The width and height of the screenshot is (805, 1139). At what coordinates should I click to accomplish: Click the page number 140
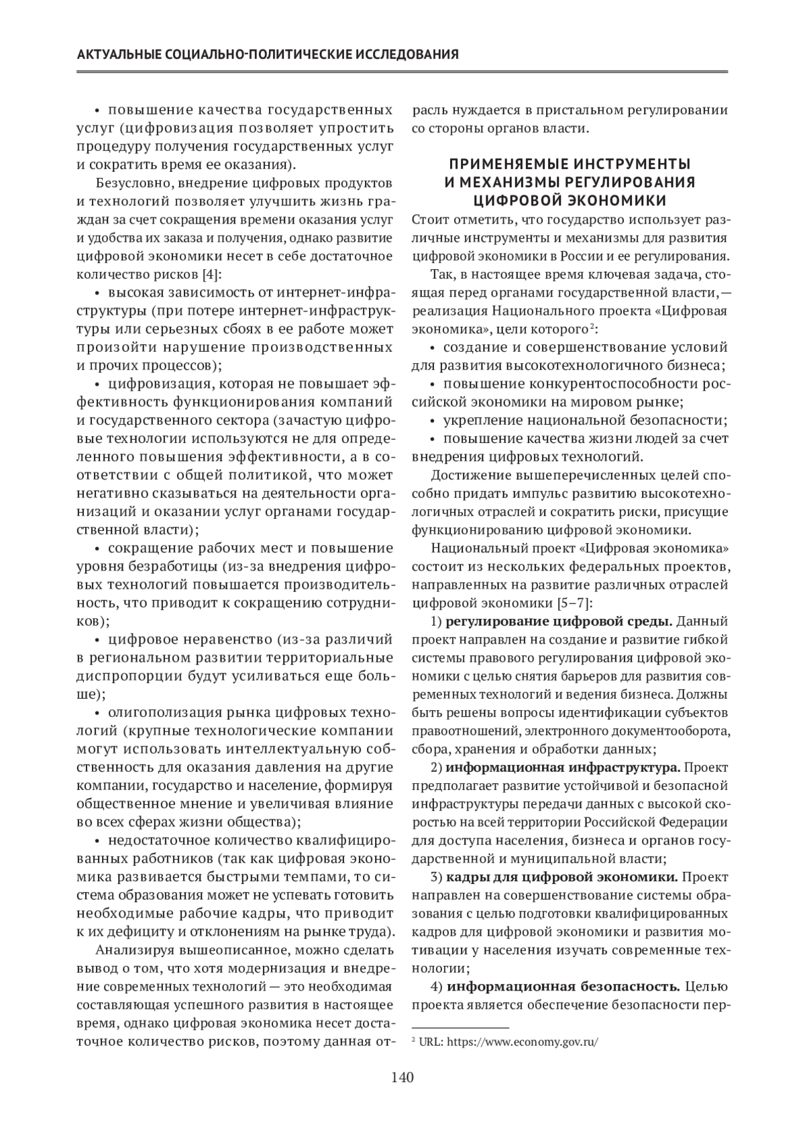point(402,1078)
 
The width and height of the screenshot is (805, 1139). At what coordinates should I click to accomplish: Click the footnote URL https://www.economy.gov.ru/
point(522,1042)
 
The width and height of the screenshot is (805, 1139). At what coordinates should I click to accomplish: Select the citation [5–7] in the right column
point(570,603)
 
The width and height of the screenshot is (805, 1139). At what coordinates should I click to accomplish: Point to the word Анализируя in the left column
point(133,950)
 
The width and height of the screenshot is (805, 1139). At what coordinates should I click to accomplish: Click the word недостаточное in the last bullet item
point(150,840)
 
